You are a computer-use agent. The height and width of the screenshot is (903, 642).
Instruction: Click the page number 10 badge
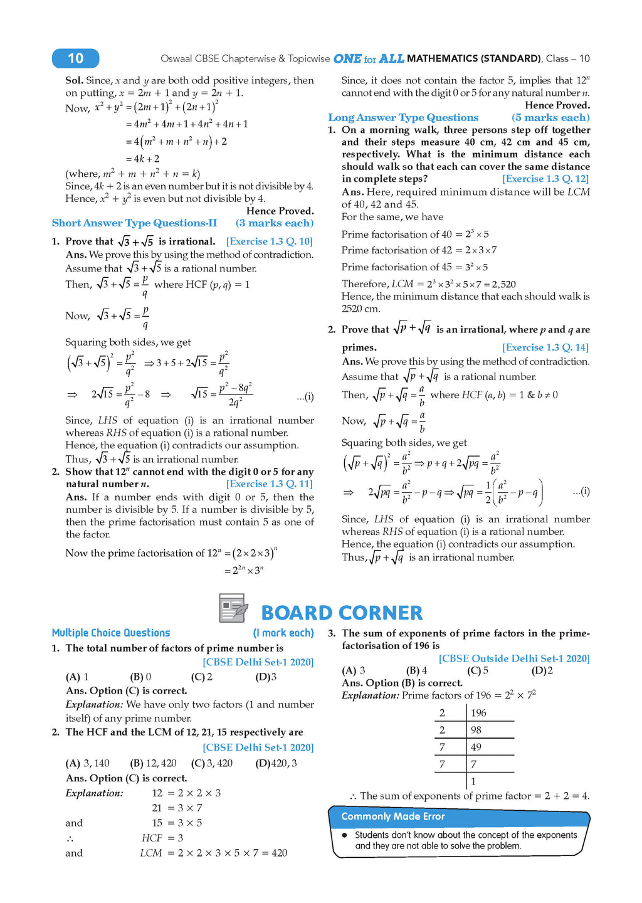pyautogui.click(x=75, y=58)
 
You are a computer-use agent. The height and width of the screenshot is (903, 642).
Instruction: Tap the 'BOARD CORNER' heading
pyautogui.click(x=342, y=613)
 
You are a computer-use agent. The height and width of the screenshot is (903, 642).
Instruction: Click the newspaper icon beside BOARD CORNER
pyautogui.click(x=233, y=608)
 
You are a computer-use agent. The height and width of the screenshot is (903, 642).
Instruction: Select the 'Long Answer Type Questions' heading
pyautogui.click(x=403, y=117)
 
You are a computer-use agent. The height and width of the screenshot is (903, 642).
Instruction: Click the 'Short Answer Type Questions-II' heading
pyautogui.click(x=135, y=223)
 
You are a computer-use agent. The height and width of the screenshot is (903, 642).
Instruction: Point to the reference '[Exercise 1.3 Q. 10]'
pyautogui.click(x=269, y=241)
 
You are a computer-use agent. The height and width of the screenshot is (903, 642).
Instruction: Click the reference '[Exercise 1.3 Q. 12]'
pyautogui.click(x=545, y=179)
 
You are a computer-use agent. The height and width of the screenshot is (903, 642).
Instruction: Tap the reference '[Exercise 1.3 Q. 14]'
pyautogui.click(x=545, y=347)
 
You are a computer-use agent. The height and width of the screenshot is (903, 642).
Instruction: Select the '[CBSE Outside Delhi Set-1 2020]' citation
pyautogui.click(x=514, y=658)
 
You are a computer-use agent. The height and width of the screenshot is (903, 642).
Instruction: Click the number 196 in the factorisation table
pyautogui.click(x=478, y=713)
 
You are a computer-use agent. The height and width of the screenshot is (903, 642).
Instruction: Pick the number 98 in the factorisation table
pyautogui.click(x=476, y=730)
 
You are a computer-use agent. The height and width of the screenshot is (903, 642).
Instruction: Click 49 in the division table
pyautogui.click(x=476, y=747)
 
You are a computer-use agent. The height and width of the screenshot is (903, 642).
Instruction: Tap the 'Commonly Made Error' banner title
pyautogui.click(x=393, y=816)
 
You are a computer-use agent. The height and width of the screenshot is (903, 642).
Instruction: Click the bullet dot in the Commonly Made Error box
pyautogui.click(x=345, y=835)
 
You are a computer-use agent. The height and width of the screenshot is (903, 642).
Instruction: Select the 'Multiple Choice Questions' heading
pyautogui.click(x=111, y=633)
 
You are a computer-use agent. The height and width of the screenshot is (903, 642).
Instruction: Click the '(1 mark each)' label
pyautogui.click(x=283, y=633)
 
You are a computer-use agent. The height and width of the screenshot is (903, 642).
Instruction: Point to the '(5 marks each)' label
pyautogui.click(x=550, y=117)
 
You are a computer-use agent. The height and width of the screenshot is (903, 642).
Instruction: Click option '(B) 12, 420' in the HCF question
pyautogui.click(x=153, y=763)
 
